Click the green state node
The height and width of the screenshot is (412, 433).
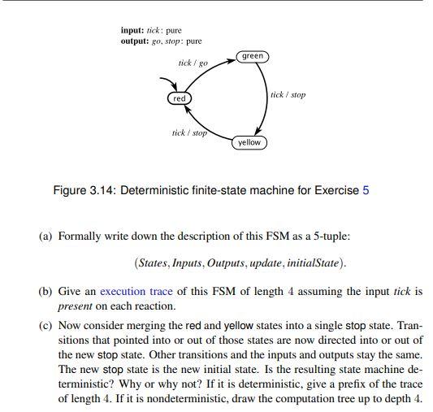[x=253, y=56]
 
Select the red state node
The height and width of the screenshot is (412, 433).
[x=180, y=98]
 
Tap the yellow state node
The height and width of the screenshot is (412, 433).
[x=249, y=142]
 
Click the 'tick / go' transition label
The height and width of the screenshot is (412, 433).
[x=193, y=63]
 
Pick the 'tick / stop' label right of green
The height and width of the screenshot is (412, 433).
[x=288, y=95]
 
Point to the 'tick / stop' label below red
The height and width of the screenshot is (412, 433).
[x=189, y=132]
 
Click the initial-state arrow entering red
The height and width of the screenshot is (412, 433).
[x=169, y=83]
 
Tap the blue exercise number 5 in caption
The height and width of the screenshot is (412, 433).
[x=366, y=190]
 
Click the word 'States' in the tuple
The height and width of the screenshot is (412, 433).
[x=152, y=263]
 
